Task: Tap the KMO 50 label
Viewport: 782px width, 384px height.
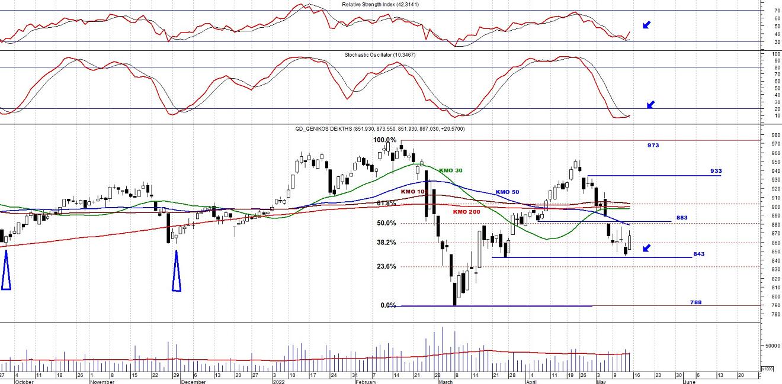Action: (x=507, y=192)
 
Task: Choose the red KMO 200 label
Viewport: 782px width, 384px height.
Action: (x=467, y=212)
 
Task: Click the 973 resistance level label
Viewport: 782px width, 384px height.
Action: (x=653, y=145)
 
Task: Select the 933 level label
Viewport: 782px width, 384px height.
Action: (x=716, y=171)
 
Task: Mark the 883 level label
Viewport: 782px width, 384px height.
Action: (x=682, y=217)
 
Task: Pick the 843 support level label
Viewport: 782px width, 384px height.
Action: (x=698, y=254)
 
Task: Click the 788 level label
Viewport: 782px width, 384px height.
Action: (x=696, y=302)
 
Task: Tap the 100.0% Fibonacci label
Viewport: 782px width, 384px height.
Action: (x=384, y=140)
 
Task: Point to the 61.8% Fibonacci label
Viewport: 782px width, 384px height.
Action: (x=386, y=203)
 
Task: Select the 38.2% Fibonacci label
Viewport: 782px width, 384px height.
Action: (x=386, y=243)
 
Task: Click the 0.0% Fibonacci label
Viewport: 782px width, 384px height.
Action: (x=387, y=305)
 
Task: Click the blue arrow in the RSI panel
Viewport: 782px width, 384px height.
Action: (x=646, y=25)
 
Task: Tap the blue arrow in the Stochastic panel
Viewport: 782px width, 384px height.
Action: (x=650, y=105)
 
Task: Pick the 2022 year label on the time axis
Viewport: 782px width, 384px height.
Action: (x=278, y=382)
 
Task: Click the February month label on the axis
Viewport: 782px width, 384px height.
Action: (x=365, y=382)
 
